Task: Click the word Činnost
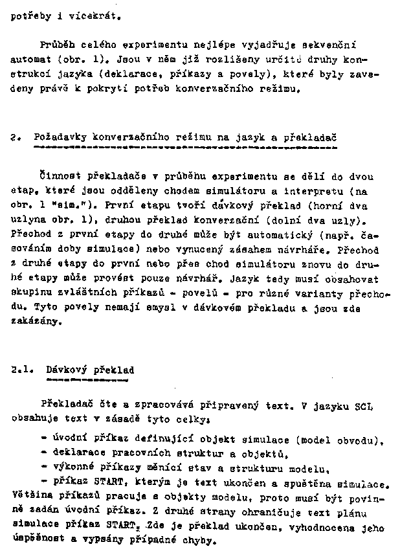pos(58,177)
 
